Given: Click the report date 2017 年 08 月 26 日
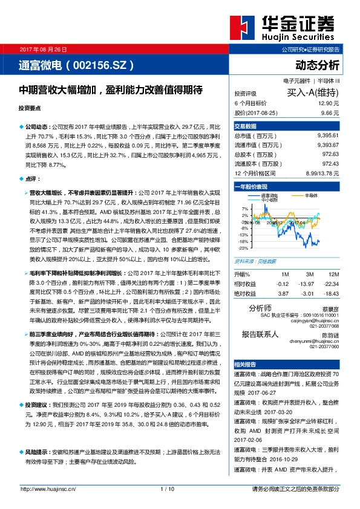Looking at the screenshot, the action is [44, 49].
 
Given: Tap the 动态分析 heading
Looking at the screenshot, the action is [317, 65].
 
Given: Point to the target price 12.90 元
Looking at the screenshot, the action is [329, 104].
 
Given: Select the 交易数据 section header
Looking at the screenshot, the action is [246, 126].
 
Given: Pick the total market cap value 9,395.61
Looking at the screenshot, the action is [327, 136].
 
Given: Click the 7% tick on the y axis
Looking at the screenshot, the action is [244, 209].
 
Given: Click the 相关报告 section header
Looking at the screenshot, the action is [246, 365].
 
